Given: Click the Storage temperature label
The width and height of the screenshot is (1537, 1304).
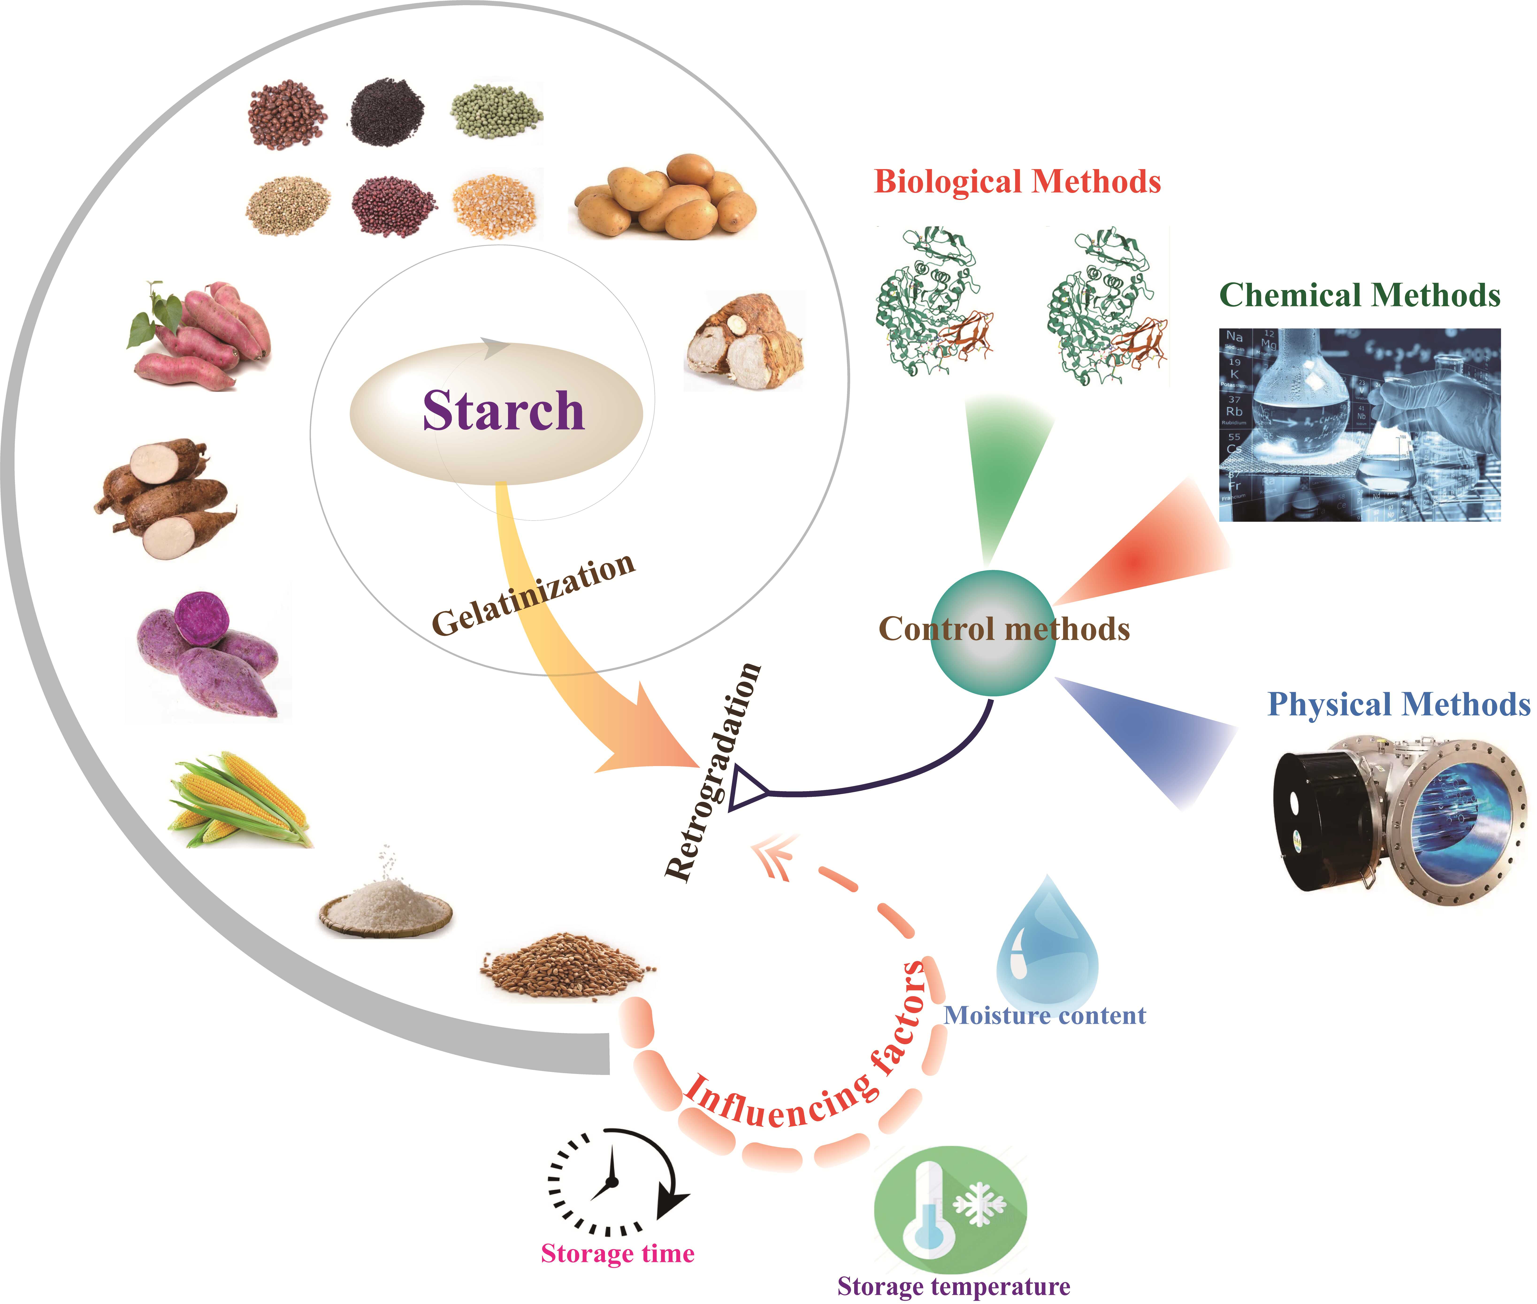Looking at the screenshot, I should click(x=953, y=1286).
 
